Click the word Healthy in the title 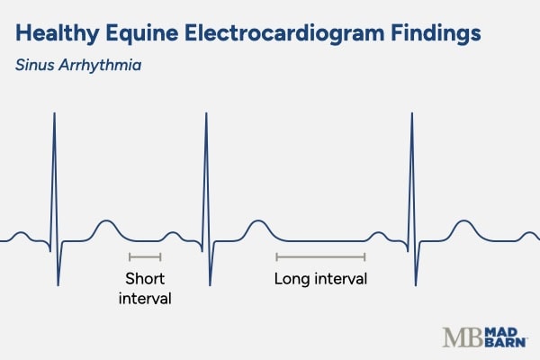(x=55, y=34)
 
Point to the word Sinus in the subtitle (x=35, y=67)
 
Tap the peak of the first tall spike (x=54, y=113)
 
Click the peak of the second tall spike (x=208, y=113)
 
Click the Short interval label (x=145, y=288)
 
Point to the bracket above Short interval (x=145, y=257)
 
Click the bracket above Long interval (x=320, y=257)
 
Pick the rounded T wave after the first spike (x=106, y=222)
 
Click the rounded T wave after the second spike (x=258, y=222)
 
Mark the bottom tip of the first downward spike (x=58, y=285)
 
